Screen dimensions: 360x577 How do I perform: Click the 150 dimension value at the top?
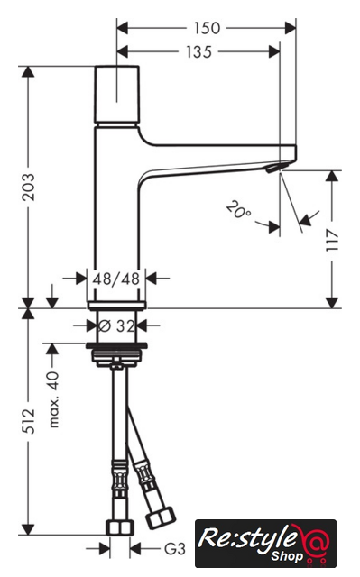click(x=208, y=28)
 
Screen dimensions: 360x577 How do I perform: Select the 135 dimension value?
click(x=198, y=52)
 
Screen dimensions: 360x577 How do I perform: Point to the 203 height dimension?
click(x=28, y=187)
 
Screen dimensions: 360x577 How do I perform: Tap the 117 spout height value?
click(x=332, y=239)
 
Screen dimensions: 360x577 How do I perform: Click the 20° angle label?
click(x=238, y=210)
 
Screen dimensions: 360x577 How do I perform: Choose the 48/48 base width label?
click(x=116, y=279)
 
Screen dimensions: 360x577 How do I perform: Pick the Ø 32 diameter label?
click(x=116, y=325)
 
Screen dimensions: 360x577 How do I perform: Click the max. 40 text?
click(x=53, y=399)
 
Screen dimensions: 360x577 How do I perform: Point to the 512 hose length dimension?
click(x=28, y=421)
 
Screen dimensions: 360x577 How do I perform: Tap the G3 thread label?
click(x=174, y=549)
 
